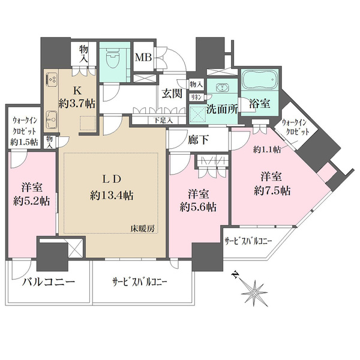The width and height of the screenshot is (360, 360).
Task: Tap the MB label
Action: (x=143, y=58)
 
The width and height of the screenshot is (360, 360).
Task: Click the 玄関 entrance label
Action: (x=172, y=94)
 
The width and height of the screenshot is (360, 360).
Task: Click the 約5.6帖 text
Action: (x=200, y=208)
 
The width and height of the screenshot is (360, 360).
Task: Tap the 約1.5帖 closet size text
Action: (x=23, y=142)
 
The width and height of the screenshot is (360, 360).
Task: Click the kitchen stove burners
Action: (x=50, y=80)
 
